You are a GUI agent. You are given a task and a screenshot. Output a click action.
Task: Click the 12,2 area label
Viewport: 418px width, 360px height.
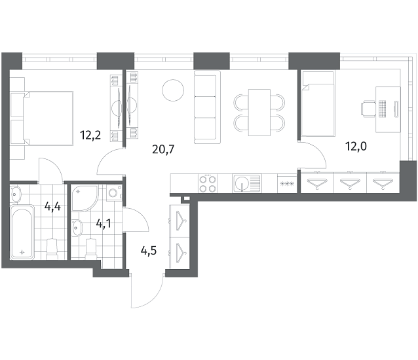pos(90,135)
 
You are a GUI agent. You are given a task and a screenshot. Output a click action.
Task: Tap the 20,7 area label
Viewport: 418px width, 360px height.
pos(163,149)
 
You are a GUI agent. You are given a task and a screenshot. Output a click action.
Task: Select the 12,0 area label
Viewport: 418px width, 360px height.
pos(356,146)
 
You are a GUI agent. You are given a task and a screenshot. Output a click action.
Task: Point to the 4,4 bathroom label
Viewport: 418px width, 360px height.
pos(52,206)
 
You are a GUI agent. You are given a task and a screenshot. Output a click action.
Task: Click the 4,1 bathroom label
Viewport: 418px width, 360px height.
pos(104,224)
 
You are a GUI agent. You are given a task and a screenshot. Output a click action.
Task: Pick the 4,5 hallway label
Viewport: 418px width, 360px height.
pos(149,251)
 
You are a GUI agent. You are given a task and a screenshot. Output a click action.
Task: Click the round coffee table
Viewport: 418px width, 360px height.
pos(173,90)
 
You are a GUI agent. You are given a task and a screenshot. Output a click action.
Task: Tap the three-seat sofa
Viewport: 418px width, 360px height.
pos(208,107)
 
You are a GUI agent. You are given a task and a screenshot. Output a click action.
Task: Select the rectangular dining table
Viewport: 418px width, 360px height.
pos(259,113)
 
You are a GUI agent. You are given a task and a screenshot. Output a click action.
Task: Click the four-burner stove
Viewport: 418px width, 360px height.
pos(208,183)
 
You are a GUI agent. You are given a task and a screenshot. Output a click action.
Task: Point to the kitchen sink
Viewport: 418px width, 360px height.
pos(246,183)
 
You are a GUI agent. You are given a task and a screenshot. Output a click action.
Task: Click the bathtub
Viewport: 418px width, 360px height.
pos(22,232)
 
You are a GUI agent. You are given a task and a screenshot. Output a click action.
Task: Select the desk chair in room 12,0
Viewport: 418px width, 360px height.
pos(368,109)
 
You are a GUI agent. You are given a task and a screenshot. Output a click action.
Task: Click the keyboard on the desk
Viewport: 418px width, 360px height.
pos(383,109)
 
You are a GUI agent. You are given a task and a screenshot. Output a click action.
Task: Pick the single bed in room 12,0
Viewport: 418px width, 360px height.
pos(318,104)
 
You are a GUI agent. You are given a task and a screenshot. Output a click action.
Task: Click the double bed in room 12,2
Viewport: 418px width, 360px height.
pos(48,118)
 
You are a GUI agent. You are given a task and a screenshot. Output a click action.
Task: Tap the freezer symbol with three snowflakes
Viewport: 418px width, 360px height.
pos(287,183)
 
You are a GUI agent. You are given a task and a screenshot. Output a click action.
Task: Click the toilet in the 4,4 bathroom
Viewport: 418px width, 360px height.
pos(52,249)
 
